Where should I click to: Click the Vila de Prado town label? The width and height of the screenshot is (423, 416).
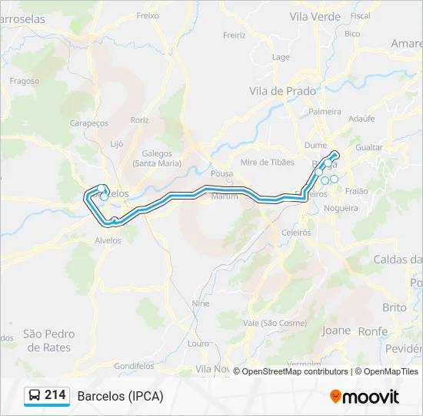(x=282, y=91)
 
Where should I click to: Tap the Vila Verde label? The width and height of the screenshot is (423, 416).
(x=315, y=15)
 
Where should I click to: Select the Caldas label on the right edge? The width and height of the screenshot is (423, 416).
(x=398, y=260)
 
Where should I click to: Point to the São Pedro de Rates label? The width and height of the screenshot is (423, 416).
(x=47, y=341)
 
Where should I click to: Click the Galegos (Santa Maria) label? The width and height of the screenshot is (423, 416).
(x=157, y=158)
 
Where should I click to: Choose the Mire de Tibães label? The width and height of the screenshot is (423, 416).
(x=267, y=162)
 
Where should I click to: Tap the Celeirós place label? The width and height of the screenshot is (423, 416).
(x=295, y=232)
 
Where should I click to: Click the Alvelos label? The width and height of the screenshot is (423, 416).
(x=108, y=240)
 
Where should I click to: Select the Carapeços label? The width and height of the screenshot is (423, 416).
(x=89, y=123)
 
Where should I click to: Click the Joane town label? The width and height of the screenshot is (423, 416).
(x=336, y=330)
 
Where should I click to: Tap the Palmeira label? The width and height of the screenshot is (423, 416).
(x=325, y=112)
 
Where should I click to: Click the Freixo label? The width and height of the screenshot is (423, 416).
(x=147, y=15)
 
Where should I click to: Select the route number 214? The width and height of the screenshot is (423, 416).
(x=55, y=395)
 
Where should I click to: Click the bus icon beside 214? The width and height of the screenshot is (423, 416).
(x=35, y=396)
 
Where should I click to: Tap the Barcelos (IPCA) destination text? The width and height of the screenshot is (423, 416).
(x=120, y=396)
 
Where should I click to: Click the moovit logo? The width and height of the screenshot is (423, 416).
(x=365, y=397)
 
